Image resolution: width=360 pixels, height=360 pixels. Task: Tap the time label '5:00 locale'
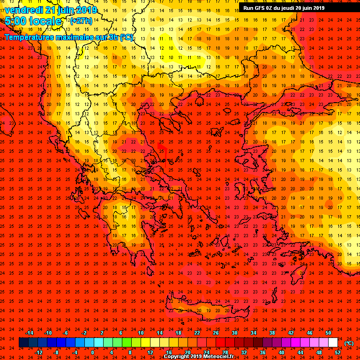click(33, 21)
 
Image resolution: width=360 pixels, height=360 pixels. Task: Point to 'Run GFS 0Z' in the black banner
click(259, 7)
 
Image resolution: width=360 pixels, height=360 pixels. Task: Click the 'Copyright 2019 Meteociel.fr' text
click(202, 357)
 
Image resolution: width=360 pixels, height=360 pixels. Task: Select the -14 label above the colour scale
click(29, 333)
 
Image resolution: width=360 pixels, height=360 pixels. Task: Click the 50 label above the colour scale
click(328, 333)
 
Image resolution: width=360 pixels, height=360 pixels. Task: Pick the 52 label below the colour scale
click(337, 352)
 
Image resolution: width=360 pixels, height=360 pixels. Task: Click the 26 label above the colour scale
click(216, 333)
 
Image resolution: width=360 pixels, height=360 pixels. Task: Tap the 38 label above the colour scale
click(272, 333)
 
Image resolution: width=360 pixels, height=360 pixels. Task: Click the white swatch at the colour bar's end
click(333, 343)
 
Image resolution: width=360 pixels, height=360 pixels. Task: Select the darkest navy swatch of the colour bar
click(23, 343)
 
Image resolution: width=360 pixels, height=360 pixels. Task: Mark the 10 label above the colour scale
click(141, 333)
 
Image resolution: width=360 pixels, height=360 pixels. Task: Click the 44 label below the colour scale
click(300, 352)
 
